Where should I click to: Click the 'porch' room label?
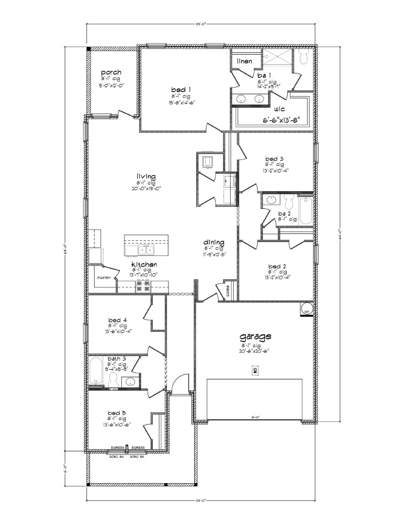click(x=111, y=73)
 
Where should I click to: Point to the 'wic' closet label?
click(x=278, y=109)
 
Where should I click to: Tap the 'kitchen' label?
click(x=144, y=265)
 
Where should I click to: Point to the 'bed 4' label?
click(x=117, y=320)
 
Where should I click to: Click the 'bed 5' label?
click(x=117, y=413)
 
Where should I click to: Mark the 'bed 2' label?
click(x=277, y=266)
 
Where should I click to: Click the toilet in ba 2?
click(x=289, y=202)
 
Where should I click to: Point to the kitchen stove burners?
click(x=142, y=286)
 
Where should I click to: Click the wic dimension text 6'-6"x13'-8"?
click(x=285, y=120)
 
